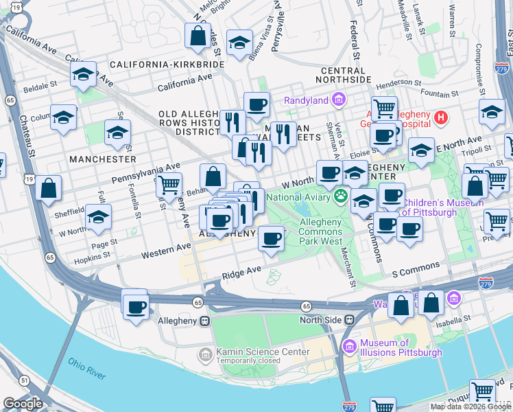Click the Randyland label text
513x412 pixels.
tap(307, 101)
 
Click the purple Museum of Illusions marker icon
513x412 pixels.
tap(350, 347)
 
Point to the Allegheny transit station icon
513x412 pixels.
tap(204, 321)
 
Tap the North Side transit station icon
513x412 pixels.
tap(349, 319)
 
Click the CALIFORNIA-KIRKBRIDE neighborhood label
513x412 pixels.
tap(167, 64)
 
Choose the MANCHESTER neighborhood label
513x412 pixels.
tap(103, 159)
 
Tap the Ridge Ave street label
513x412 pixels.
tap(241, 273)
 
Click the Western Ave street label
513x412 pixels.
tap(165, 251)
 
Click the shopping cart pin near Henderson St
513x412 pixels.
tap(384, 107)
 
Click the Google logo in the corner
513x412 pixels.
tap(23, 404)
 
